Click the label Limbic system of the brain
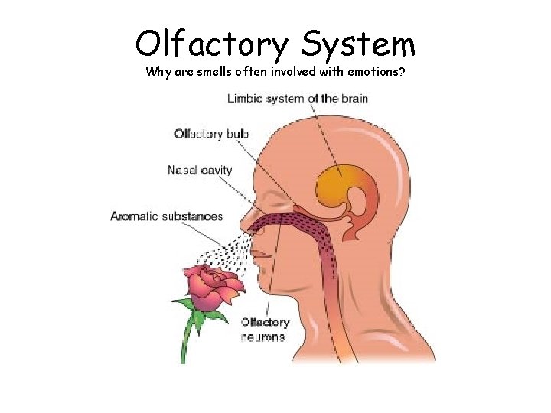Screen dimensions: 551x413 pos(298,99)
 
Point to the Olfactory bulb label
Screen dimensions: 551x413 pos(212,134)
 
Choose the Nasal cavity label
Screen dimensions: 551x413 pos(200,170)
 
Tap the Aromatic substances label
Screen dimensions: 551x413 pos(167,216)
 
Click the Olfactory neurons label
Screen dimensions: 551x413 pos(265,330)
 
